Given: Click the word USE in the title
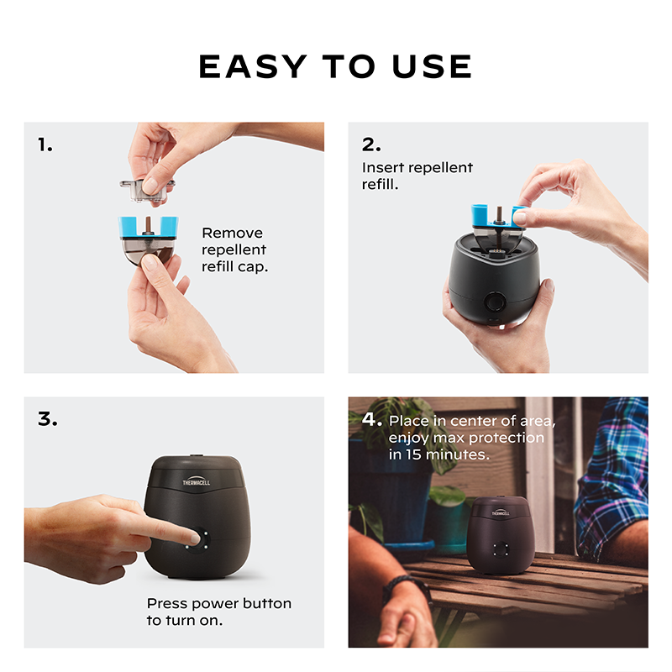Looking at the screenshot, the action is tap(432, 66).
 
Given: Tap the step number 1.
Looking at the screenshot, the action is tap(45, 144).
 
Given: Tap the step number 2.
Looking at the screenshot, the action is tap(371, 144).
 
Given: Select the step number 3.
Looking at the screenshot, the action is tap(48, 418).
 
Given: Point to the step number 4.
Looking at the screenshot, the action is tap(371, 418).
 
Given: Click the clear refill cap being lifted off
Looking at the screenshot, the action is tap(147, 190).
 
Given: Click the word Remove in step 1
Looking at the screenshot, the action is tap(233, 233).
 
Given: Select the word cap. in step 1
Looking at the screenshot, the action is tap(253, 267).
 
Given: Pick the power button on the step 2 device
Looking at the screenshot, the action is tap(495, 302).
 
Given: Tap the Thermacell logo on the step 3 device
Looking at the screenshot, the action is tap(197, 481).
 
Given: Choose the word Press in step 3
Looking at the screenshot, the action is tap(166, 603).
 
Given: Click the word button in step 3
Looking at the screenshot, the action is tap(267, 603).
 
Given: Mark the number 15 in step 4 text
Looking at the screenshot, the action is tap(414, 454).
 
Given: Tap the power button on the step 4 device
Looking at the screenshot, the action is tap(500, 549).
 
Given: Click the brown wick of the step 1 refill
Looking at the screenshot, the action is tap(148, 225).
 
